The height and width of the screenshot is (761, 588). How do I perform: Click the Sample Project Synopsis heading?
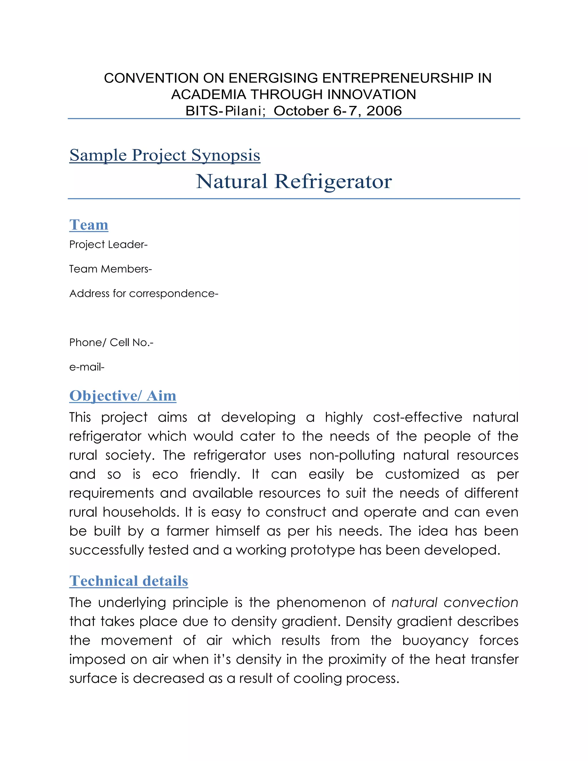click(165, 155)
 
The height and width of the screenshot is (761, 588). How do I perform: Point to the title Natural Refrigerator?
click(294, 181)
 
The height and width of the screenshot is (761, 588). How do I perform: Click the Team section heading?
click(89, 225)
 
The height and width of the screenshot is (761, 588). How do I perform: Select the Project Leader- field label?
click(108, 245)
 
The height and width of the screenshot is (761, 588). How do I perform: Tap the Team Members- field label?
click(111, 269)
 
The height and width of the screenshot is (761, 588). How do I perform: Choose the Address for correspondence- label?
click(144, 293)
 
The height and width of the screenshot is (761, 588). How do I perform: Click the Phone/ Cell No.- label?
click(111, 343)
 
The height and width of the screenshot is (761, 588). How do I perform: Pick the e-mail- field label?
click(87, 367)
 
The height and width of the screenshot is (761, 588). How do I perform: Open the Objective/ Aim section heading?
click(123, 396)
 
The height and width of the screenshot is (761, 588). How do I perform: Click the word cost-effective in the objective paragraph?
click(417, 417)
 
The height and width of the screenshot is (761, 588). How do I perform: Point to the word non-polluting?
click(352, 455)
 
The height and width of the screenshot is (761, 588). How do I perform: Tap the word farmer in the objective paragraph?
click(187, 531)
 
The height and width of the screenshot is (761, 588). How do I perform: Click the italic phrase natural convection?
click(454, 602)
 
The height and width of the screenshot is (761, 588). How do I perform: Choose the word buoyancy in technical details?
click(435, 640)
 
